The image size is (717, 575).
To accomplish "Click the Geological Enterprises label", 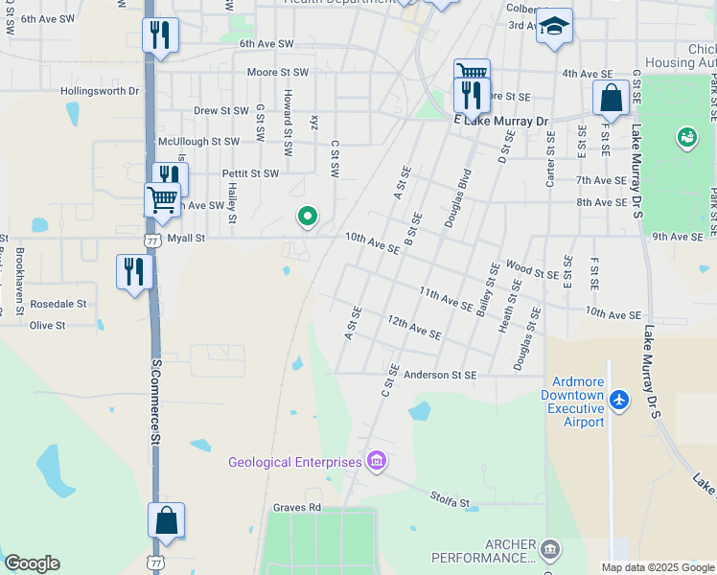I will [294, 463].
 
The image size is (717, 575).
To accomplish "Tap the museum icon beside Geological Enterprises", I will [377, 463].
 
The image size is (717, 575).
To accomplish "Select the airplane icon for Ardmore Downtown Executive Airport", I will [620, 398].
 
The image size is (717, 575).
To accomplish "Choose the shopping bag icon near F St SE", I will [611, 98].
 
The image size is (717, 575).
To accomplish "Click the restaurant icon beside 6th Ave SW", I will [160, 35].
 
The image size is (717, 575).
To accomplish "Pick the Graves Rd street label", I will [295, 508].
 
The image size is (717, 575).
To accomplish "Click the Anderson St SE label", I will [440, 376].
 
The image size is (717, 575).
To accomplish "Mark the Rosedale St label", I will [58, 304].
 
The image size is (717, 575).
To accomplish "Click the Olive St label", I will [47, 326].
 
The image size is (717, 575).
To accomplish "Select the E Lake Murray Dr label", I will [500, 122].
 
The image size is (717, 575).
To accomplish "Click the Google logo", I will [32, 563].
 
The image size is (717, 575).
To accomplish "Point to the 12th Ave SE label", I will [414, 328].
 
